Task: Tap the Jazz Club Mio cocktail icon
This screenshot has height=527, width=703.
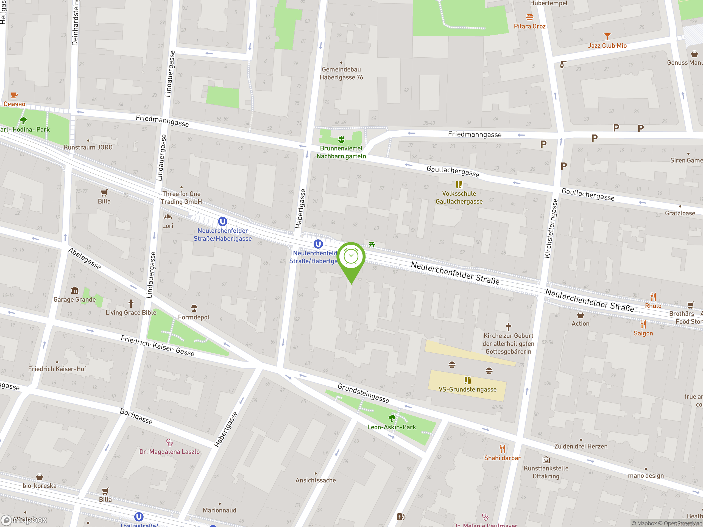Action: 607,37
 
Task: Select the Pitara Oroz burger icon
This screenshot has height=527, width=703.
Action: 529,17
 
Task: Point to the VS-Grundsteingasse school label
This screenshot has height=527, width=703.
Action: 467,389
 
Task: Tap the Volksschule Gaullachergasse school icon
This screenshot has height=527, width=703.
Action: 459,184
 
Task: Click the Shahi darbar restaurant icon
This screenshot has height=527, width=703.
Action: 503,449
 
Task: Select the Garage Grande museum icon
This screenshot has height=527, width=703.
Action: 75,290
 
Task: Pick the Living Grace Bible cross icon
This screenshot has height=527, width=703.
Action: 131,303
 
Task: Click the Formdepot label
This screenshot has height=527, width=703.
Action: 194,317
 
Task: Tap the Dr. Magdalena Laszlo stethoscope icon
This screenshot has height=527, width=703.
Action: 169,442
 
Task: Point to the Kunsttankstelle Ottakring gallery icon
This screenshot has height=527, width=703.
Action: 546,460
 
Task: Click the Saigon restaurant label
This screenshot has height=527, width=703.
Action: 643,333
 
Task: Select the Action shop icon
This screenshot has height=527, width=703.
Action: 580,315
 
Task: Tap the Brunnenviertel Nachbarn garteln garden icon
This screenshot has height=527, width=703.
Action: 341,139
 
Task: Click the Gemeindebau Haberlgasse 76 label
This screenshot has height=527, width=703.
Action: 341,73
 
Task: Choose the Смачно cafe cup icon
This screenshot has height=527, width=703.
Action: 14,95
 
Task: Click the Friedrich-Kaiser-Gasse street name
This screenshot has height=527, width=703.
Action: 157,346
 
